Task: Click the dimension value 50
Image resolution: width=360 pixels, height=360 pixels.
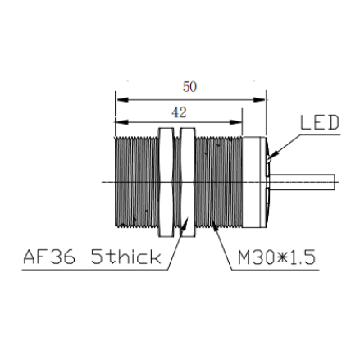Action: [189, 87]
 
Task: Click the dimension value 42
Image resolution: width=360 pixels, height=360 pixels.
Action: [179, 112]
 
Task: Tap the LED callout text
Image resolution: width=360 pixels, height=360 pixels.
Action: [320, 122]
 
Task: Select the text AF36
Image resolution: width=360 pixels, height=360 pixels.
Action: [49, 257]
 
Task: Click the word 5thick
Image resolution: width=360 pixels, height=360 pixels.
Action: [125, 257]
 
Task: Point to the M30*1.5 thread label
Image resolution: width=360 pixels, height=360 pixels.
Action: [276, 257]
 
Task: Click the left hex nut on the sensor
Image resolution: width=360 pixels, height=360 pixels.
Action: [166, 182]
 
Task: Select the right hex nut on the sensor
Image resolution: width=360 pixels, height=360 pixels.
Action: [188, 182]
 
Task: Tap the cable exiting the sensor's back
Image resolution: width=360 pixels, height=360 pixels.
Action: [303, 182]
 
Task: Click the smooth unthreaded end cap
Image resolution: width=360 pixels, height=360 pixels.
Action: [254, 182]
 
